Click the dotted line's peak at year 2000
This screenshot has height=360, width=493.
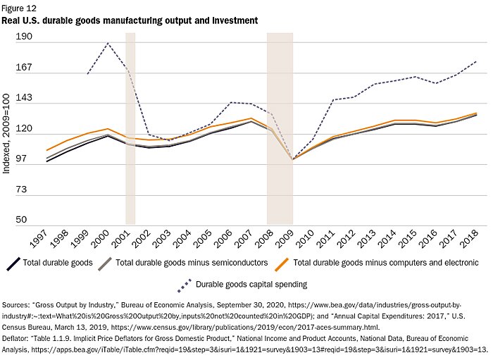[x=108, y=44]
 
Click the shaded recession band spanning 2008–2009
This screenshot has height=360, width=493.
[x=280, y=127]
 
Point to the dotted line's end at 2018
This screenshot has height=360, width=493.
[x=476, y=61]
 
